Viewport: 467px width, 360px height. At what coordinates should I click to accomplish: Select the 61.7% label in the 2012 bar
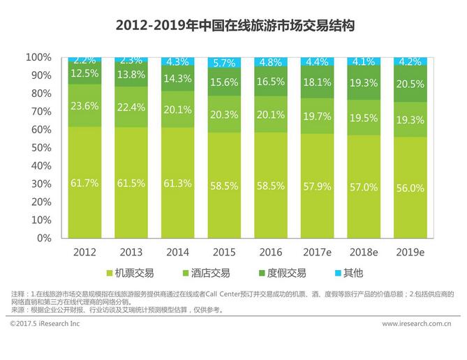(84, 183)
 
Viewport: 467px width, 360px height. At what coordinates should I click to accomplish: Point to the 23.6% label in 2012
(84, 106)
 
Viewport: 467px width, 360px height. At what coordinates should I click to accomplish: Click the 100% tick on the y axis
(38, 57)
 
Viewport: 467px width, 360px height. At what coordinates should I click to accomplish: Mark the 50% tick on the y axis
(40, 147)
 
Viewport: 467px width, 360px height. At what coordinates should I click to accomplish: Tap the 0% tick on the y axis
(43, 238)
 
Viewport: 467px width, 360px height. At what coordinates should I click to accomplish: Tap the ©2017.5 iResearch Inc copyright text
(45, 324)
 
